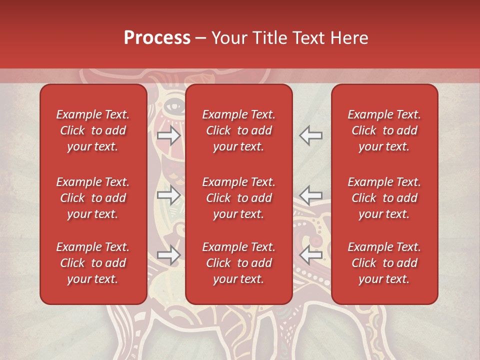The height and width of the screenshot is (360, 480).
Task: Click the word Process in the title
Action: tap(157, 38)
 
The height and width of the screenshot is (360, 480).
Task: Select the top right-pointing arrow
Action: tap(169, 135)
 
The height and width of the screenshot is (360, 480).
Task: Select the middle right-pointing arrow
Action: tap(169, 195)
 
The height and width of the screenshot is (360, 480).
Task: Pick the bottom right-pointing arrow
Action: tap(169, 255)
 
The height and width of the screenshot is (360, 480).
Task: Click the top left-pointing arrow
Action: tap(310, 135)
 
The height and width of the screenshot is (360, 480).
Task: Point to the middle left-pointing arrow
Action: tap(310, 195)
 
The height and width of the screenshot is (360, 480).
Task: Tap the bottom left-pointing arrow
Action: tap(310, 255)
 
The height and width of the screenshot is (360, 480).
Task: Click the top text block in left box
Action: tap(93, 130)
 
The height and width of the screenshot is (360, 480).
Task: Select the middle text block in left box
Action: tap(93, 198)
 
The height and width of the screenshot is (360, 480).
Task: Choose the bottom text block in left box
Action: tap(93, 263)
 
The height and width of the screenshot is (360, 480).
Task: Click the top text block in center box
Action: tap(238, 130)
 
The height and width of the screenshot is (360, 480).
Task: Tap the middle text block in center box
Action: tap(238, 198)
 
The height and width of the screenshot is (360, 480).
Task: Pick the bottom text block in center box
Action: tap(238, 263)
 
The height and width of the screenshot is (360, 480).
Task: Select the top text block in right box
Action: tap(384, 130)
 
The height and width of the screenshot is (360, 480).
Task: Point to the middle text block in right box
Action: tap(384, 198)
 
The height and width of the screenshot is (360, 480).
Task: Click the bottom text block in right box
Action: tap(384, 263)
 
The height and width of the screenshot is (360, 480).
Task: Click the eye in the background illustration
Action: tap(173, 106)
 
